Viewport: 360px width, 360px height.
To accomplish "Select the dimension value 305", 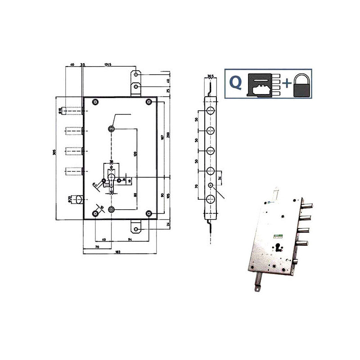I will point(54,153).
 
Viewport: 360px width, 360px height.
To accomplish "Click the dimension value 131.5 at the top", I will point(108,65).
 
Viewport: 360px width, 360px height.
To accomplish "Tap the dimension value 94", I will point(129,239).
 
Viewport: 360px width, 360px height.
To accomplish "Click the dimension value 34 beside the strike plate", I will point(220,179).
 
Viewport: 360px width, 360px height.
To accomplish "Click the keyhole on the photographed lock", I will point(278,247).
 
